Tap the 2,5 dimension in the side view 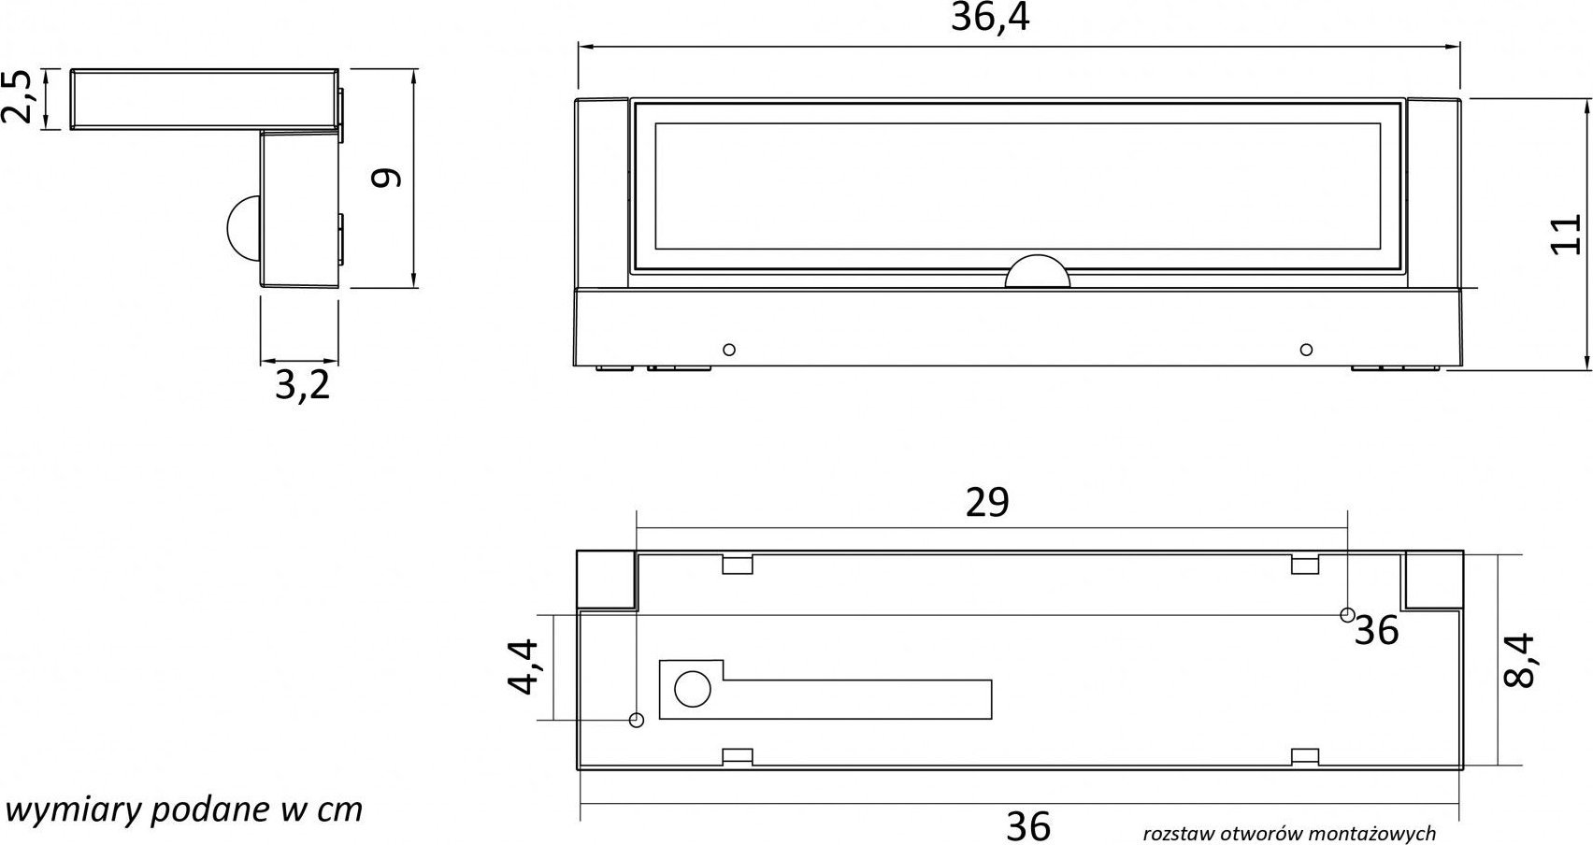pyautogui.click(x=17, y=97)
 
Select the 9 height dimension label pyautogui.click(x=387, y=178)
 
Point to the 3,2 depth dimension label pyautogui.click(x=302, y=386)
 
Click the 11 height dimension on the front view pyautogui.click(x=1566, y=234)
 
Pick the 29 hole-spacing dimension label pyautogui.click(x=987, y=502)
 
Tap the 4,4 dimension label pyautogui.click(x=522, y=666)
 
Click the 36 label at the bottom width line pyautogui.click(x=1028, y=826)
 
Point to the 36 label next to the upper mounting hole pyautogui.click(x=1376, y=630)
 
